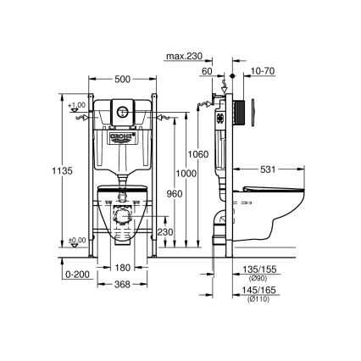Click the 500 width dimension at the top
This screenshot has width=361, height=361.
tap(123, 79)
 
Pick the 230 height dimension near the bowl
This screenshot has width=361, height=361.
tap(167, 232)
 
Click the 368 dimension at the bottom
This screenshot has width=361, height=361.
tap(123, 285)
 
